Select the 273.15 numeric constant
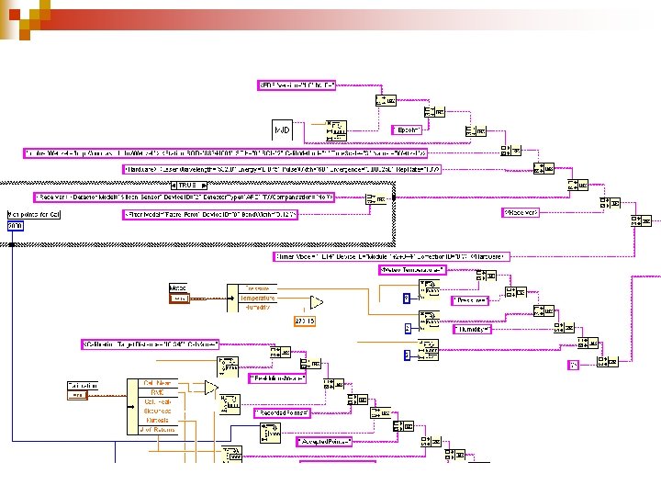tap(304, 321)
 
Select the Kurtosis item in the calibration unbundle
tap(157, 420)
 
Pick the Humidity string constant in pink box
tap(474, 329)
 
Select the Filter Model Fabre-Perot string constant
tap(210, 214)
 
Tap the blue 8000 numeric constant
tap(16, 225)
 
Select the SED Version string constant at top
tap(296, 85)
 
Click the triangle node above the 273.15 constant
tap(316, 301)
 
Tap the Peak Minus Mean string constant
tap(277, 378)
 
